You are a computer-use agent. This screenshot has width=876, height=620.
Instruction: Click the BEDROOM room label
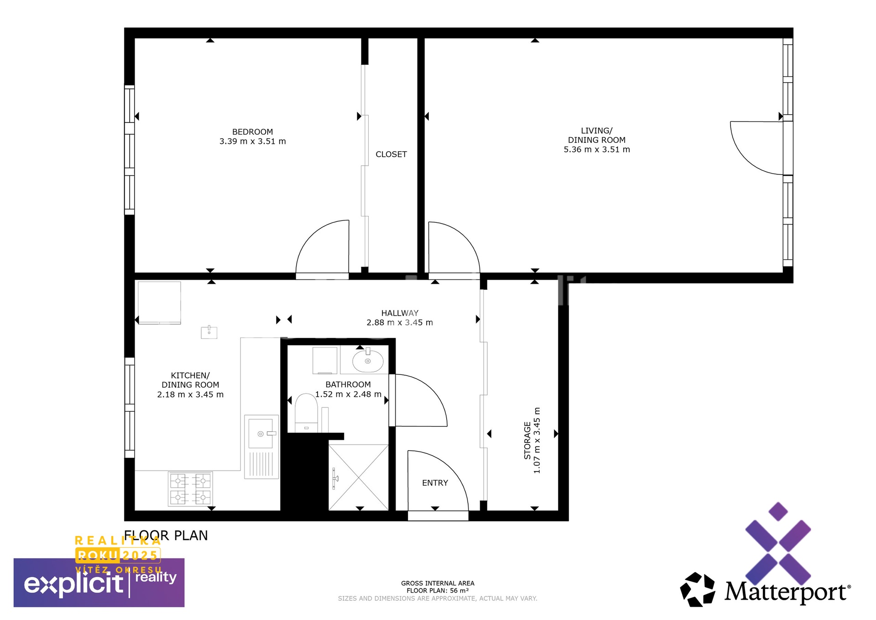[252, 132]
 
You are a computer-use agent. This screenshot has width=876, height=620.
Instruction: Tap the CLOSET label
[391, 154]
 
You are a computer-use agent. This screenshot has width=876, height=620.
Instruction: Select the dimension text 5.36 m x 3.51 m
[597, 149]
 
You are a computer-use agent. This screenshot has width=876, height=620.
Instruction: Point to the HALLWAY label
[400, 313]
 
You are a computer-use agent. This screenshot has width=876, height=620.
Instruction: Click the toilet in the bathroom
[306, 413]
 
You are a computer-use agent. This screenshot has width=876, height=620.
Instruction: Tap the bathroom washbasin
[368, 361]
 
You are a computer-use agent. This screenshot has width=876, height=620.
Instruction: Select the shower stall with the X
[359, 478]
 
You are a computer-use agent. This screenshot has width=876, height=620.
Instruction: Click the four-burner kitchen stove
[190, 489]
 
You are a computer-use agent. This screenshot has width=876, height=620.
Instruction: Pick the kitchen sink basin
[261, 433]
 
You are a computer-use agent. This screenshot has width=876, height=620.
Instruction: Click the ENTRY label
[435, 483]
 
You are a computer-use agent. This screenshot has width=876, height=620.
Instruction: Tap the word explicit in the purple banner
[73, 583]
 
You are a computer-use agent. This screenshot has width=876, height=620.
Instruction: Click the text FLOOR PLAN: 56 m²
[438, 591]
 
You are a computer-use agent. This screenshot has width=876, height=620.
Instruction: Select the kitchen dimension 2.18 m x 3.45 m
[190, 394]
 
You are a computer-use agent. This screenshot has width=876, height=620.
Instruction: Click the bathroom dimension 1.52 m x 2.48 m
[348, 394]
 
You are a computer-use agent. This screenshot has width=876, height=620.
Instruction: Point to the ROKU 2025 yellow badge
[118, 555]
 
